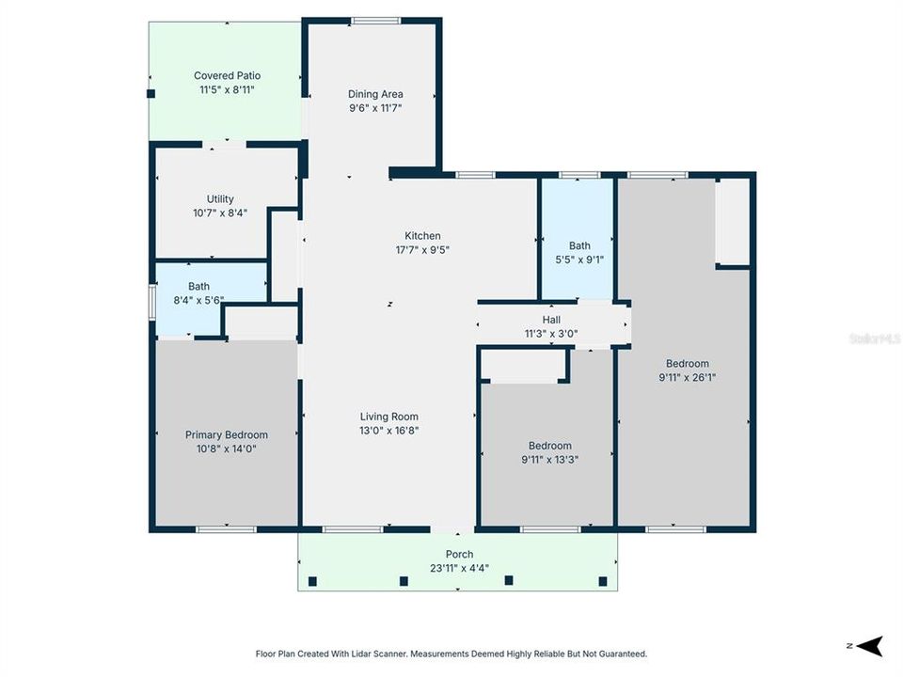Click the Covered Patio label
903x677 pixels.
point(227,76)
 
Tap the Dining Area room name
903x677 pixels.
point(375,94)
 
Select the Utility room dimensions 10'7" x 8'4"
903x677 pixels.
point(220,214)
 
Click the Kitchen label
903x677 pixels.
point(422,236)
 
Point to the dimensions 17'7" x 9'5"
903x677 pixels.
point(422,250)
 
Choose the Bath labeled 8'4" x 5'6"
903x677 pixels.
point(198,287)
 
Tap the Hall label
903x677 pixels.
point(551,320)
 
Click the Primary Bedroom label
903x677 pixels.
point(226,435)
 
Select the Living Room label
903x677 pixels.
point(388,417)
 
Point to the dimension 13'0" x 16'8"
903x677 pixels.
point(388,431)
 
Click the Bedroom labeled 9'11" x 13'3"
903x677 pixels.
point(549,446)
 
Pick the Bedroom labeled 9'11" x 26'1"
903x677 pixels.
point(687,364)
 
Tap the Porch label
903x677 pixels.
point(459,555)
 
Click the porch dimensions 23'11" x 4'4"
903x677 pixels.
point(459,568)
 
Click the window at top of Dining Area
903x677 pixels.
point(375,21)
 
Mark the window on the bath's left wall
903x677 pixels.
point(152,304)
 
